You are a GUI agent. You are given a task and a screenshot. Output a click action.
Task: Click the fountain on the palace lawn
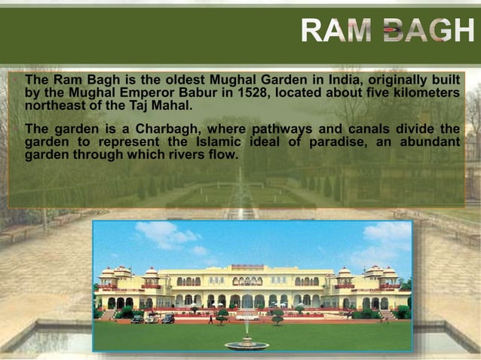(x=247, y=343)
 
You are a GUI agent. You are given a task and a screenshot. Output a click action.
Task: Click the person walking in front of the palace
(x=211, y=319)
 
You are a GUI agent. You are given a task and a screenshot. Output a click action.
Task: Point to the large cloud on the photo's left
(x=167, y=234)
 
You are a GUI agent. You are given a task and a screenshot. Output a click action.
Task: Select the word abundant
(x=430, y=142)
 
